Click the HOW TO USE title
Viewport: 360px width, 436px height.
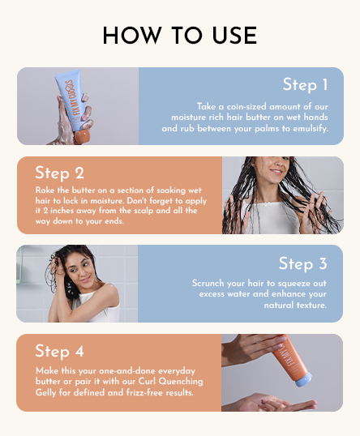tap(180, 36)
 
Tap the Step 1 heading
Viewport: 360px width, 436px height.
tap(305, 85)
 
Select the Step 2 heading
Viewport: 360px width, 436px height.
tap(59, 173)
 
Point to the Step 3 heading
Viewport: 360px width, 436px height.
tap(302, 263)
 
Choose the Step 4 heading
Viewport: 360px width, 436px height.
tap(60, 351)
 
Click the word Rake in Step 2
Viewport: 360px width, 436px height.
tap(45, 190)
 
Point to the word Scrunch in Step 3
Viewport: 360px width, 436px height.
tap(209, 284)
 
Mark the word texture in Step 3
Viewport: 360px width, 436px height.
tap(311, 306)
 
